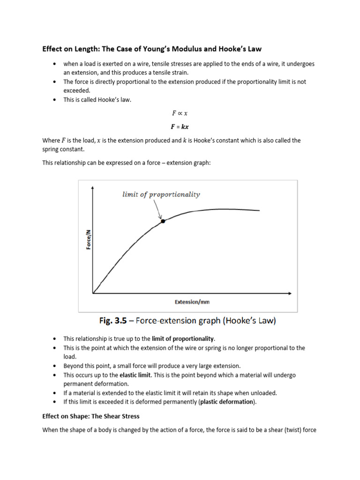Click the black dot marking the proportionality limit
tap(163, 221)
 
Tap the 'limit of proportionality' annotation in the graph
tap(161, 195)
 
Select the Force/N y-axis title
tap(89, 236)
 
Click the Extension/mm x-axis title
tap(192, 302)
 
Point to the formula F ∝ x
tap(180, 113)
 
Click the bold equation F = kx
tap(180, 127)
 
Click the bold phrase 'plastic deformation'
tap(227, 402)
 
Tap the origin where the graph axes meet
tap(93, 293)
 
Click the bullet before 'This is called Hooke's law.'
tap(55, 100)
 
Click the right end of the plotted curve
tap(259, 211)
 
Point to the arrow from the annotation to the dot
tap(157, 210)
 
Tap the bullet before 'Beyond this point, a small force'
tap(55, 366)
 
